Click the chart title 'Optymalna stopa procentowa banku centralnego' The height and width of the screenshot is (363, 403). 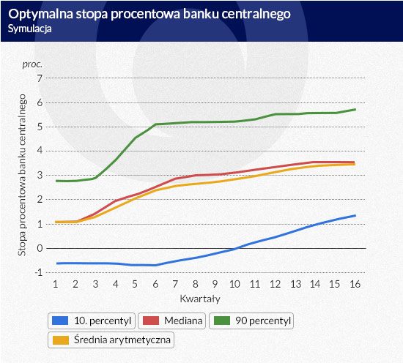tap(149, 14)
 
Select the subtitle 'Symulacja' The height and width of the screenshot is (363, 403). tap(29, 29)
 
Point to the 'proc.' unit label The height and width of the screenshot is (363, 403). tap(32, 64)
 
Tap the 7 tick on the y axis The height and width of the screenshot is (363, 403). tap(40, 78)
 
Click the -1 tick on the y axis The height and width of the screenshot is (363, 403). tap(39, 272)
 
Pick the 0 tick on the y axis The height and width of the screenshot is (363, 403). tap(40, 248)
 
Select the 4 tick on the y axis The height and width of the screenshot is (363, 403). tap(40, 151)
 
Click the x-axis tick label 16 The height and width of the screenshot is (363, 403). tap(355, 284)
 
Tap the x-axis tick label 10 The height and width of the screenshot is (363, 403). tap(234, 284)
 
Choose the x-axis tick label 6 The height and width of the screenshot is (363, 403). tap(155, 284)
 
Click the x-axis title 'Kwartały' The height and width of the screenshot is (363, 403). tap(200, 299)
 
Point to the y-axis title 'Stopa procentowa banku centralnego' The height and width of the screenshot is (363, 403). tap(22, 175)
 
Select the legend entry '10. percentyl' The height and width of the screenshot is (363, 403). tap(92, 321)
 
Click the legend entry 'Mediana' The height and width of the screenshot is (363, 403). tap(171, 321)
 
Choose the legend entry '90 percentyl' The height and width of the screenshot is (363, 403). tap(251, 321)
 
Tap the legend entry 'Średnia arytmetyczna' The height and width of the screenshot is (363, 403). tap(111, 340)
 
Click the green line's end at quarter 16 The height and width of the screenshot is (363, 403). tap(355, 110)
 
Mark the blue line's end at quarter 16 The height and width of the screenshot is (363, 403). tap(355, 216)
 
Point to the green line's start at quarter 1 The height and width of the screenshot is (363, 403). tap(56, 181)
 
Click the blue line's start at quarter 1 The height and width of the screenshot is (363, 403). tap(57, 263)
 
